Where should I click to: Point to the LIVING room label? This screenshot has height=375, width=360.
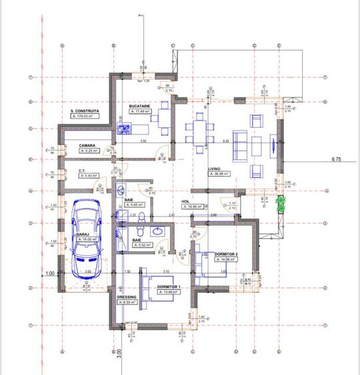pyautogui.click(x=215, y=169)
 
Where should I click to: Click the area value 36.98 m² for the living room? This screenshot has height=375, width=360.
pyautogui.click(x=218, y=174)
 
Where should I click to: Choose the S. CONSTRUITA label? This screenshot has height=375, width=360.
pyautogui.click(x=85, y=111)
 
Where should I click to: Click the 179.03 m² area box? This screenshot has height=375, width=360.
pyautogui.click(x=85, y=116)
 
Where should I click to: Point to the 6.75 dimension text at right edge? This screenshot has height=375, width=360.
pyautogui.click(x=337, y=160)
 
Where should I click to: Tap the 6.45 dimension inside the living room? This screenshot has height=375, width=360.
pyautogui.click(x=226, y=141)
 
